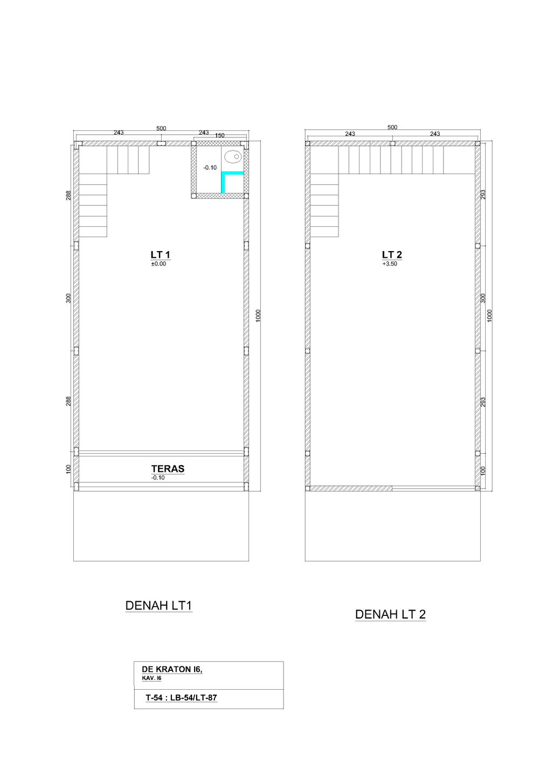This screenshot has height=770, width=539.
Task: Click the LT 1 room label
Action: (x=160, y=255)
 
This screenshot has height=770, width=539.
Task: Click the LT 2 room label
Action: (x=392, y=255)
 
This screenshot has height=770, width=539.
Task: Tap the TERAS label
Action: (x=168, y=469)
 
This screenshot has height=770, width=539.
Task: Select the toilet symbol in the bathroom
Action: (x=233, y=157)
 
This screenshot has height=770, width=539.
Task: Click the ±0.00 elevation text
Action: (x=158, y=263)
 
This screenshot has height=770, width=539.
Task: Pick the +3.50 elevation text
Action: (x=390, y=263)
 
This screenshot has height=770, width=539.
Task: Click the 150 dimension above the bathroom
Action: (x=220, y=135)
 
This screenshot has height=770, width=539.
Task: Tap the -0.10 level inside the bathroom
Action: (x=210, y=168)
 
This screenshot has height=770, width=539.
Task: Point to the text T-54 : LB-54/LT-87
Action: (x=182, y=697)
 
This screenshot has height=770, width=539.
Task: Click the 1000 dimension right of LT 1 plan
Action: (x=259, y=316)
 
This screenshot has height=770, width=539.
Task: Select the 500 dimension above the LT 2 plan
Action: (x=392, y=127)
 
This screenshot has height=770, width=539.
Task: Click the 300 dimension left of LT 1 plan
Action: (x=68, y=298)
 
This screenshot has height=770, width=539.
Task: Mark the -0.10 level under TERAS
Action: (x=158, y=477)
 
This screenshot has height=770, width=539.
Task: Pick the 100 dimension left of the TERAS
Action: (x=68, y=469)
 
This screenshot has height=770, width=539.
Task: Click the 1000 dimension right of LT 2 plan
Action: (x=490, y=316)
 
